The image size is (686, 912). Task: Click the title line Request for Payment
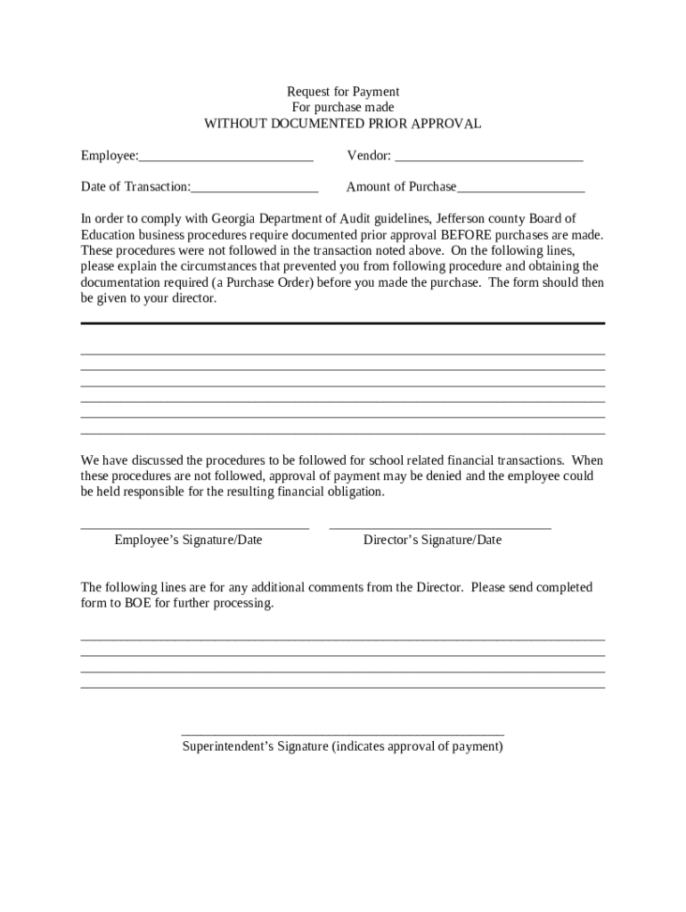(342, 92)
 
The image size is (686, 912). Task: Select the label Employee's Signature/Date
(188, 540)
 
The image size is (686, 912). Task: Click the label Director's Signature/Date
(432, 540)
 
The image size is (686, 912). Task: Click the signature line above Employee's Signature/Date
(194, 529)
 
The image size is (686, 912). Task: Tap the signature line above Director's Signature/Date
(440, 529)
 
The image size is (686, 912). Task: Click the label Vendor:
(369, 156)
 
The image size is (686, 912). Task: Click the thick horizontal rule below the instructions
(343, 323)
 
